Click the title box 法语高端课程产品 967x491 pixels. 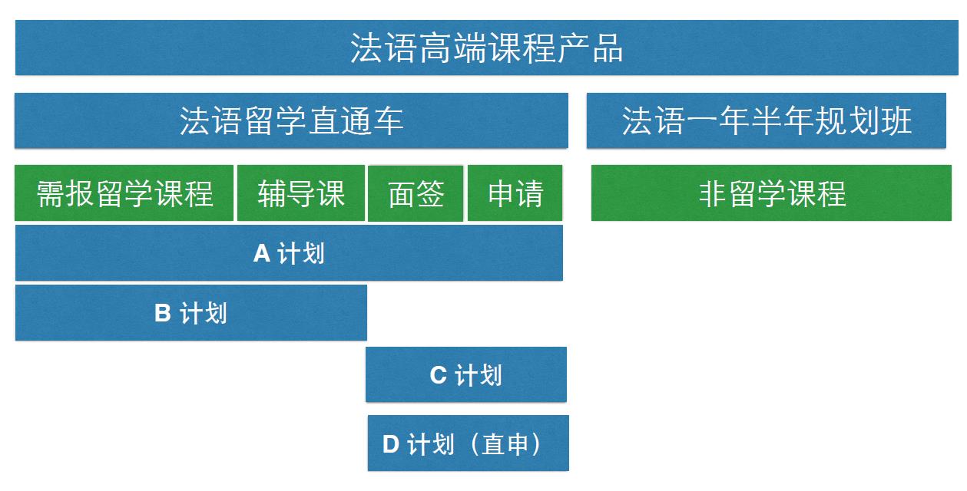(486, 48)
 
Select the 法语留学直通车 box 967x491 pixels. (291, 120)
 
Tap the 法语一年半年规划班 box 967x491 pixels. (767, 120)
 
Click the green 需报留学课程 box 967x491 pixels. (124, 193)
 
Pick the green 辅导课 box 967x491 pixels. (301, 193)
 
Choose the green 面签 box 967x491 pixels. (416, 193)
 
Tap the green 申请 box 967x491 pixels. (515, 193)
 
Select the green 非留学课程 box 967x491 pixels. (771, 193)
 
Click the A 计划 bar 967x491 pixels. (289, 253)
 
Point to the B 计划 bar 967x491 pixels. (190, 313)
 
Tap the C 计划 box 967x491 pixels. (466, 374)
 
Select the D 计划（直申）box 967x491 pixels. (469, 443)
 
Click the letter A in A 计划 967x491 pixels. (262, 253)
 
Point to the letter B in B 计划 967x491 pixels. (162, 312)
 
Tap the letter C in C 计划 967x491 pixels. (438, 374)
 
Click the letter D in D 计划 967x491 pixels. (391, 443)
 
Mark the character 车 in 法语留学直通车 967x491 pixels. (388, 120)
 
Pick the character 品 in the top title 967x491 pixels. (608, 48)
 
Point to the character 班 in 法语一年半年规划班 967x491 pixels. (896, 120)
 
